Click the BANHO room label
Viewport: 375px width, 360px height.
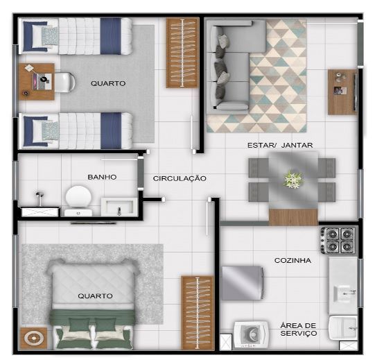[102, 177]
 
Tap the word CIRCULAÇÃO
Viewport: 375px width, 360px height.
[180, 178]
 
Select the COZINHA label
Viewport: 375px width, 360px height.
[293, 260]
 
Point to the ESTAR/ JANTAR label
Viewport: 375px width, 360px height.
[280, 145]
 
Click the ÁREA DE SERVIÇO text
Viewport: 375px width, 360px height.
[299, 329]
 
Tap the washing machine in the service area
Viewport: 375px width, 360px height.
[251, 334]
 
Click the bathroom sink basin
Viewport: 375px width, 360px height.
[119, 206]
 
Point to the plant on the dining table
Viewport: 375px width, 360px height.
[293, 179]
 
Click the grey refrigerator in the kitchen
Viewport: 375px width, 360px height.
[243, 283]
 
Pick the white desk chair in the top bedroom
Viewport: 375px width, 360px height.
[64, 82]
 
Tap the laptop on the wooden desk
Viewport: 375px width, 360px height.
[42, 81]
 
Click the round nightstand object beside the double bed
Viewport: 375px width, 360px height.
[33, 338]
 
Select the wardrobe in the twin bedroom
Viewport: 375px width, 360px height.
[182, 53]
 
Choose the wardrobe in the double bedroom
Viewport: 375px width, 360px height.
[198, 313]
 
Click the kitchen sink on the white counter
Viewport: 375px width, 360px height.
[345, 293]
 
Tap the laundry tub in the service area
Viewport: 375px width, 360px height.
[343, 327]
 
